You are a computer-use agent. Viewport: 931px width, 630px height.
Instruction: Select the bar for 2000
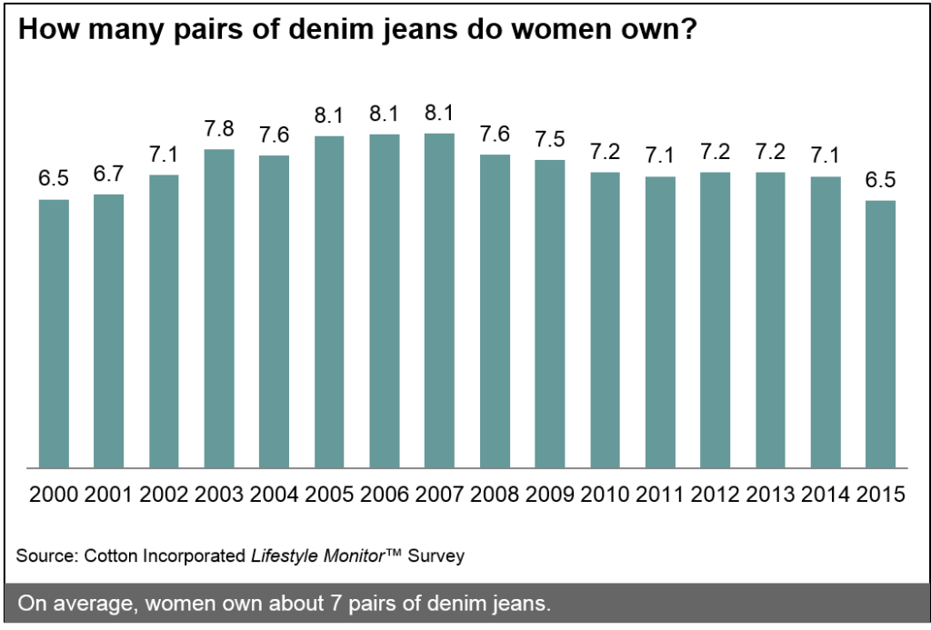coord(54,333)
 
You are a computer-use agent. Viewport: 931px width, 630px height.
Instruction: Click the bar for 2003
coord(219,308)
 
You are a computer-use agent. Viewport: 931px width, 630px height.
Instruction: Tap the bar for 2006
coord(385,301)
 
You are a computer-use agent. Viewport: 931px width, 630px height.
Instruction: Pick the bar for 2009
coord(550,314)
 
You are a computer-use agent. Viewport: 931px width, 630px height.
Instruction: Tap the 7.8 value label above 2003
coord(219,129)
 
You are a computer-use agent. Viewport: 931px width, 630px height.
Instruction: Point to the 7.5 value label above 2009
coord(550,139)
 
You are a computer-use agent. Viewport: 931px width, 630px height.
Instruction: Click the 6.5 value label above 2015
coord(881,180)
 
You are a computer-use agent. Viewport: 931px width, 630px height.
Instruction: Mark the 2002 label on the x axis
coord(164,495)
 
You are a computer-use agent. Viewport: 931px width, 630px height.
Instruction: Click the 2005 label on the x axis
coord(329,495)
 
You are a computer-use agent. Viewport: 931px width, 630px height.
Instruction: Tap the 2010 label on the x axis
coord(606,495)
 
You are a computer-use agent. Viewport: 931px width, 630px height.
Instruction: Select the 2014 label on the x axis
coord(826,495)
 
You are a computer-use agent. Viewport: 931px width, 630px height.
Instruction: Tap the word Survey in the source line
coord(436,555)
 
